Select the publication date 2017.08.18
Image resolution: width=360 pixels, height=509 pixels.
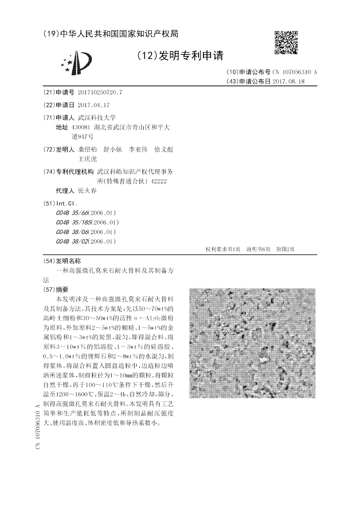click(288, 81)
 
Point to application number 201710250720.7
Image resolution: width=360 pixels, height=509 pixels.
click(100, 92)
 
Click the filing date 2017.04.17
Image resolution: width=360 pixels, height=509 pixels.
click(94, 105)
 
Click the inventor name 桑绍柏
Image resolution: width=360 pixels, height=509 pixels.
click(87, 149)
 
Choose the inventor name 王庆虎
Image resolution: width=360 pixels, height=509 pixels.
click(87, 158)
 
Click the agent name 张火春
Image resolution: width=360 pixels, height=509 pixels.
click(87, 190)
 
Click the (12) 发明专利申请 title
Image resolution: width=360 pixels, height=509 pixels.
click(180, 55)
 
